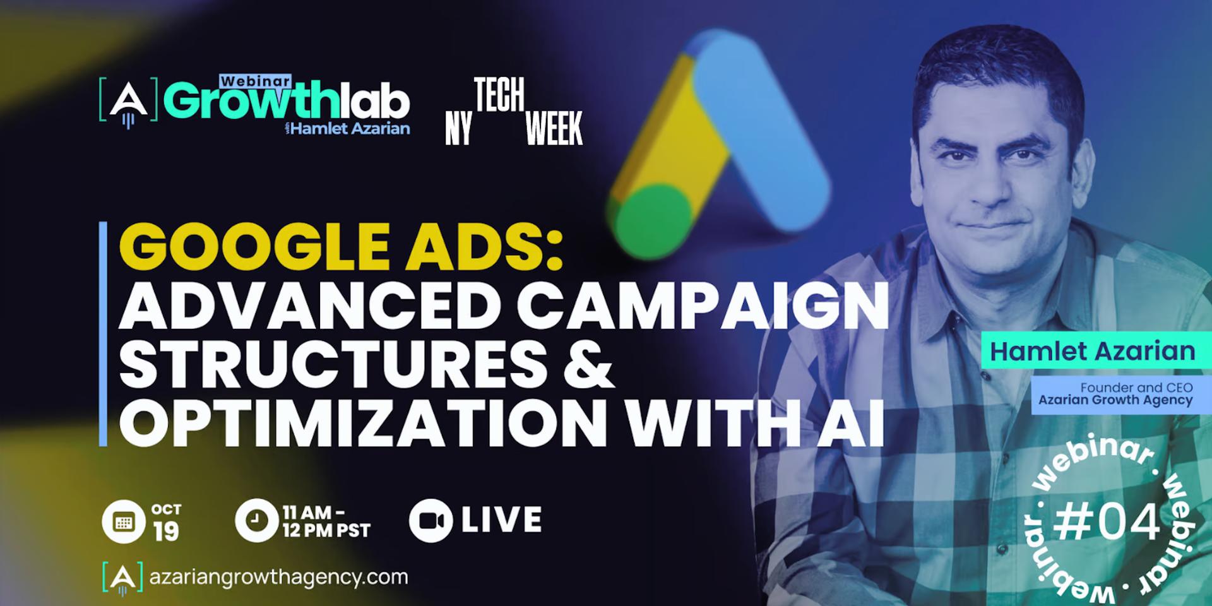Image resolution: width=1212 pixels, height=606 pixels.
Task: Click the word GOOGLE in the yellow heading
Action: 252,247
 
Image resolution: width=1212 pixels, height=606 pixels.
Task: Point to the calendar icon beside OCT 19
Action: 124,522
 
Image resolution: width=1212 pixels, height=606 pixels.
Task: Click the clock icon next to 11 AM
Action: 256,521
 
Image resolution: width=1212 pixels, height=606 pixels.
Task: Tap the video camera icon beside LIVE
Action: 431,521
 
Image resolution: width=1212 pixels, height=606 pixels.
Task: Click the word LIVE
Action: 501,520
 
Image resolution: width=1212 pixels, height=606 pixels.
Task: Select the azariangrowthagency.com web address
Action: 278,577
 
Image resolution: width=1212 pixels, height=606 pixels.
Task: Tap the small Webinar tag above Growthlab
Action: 255,81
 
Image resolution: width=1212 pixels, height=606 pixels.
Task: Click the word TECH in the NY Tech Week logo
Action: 499,95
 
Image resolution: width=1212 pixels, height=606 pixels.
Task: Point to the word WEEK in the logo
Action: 554,129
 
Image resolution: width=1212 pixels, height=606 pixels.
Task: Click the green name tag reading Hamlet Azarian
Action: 1093,351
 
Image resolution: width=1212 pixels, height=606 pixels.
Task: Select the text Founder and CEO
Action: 1136,387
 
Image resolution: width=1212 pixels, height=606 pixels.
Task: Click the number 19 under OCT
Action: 166,532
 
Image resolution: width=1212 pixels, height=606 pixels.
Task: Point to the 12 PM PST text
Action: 326,530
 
